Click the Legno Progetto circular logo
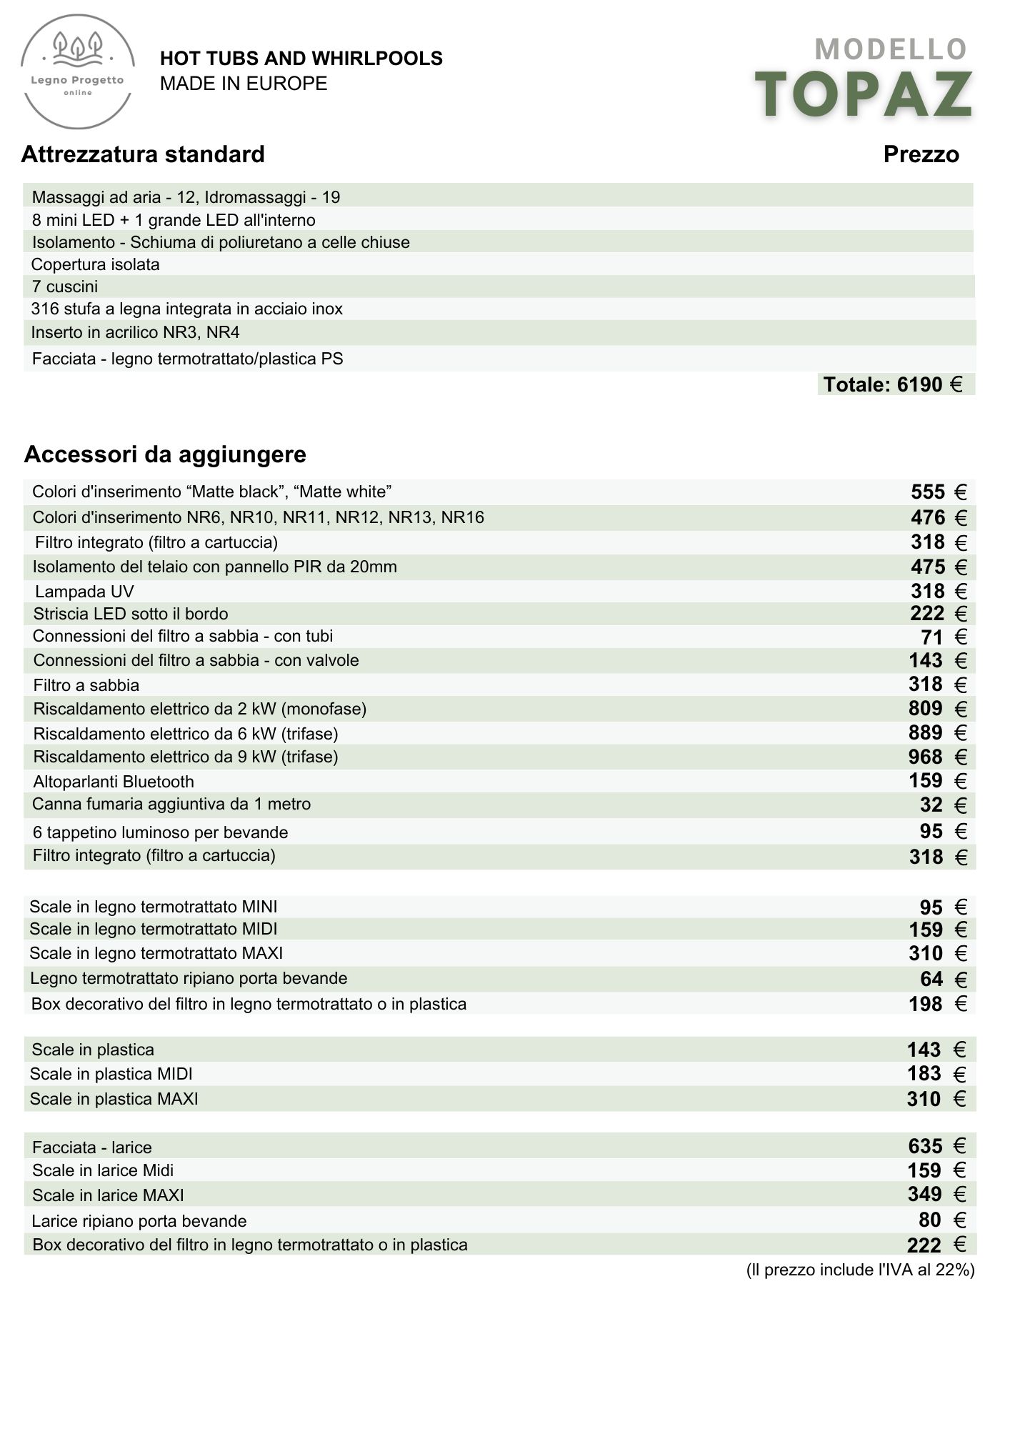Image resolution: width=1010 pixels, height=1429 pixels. pos(78,72)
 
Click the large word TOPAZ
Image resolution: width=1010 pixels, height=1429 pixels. pos(864,94)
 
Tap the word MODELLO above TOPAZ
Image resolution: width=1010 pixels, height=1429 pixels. pos(891,49)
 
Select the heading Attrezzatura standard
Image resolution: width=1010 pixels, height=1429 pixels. pos(143,154)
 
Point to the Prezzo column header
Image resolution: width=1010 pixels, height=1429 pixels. pos(921,154)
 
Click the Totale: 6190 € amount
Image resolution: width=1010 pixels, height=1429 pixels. pos(893,384)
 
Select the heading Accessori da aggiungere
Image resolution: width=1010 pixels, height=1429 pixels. pos(165,454)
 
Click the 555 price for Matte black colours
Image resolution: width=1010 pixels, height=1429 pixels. pos(928,492)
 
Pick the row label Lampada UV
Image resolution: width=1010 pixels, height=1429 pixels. pos(84,592)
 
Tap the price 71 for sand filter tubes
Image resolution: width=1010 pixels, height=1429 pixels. pos(931,637)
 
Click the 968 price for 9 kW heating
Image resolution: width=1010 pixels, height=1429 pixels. pos(926,757)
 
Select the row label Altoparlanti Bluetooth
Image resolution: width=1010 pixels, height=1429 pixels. pos(114,782)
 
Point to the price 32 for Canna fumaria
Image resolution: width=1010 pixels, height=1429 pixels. pos(931,805)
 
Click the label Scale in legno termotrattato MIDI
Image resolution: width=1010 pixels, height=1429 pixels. pos(154,929)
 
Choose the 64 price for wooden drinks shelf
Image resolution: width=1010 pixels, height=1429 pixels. pos(931,979)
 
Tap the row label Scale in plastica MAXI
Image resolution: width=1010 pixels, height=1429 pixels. pos(114,1099)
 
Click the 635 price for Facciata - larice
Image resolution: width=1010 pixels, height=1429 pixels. pos(926,1147)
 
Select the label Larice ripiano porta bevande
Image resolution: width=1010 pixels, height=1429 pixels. pos(139,1221)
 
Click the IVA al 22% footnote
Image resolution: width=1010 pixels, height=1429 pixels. pos(860,1270)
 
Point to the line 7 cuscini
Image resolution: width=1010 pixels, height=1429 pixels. pos(65,287)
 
